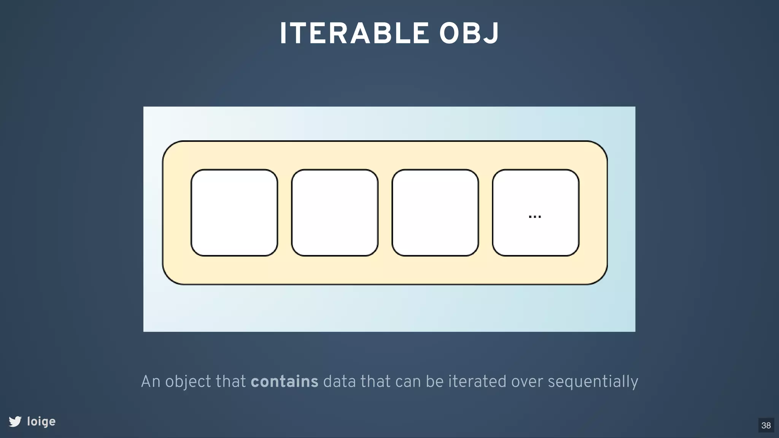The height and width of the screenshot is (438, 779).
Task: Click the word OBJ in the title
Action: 469,33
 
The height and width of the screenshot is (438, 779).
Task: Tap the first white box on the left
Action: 234,213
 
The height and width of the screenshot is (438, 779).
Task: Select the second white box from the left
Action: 335,213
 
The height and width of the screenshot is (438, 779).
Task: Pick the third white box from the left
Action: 435,213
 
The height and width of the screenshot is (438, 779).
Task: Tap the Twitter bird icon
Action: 15,421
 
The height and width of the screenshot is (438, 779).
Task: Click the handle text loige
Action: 41,421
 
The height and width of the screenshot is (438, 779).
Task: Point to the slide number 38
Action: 766,425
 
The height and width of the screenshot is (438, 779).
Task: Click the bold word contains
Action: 285,381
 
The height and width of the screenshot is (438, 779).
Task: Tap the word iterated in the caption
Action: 477,381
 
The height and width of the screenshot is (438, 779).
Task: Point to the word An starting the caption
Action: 151,381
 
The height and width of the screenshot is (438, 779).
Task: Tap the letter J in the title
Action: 492,33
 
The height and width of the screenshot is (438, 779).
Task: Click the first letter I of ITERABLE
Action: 283,33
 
